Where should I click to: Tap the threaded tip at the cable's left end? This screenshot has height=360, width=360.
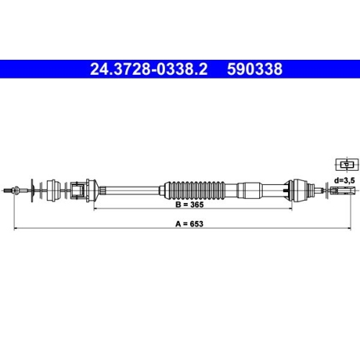click(10, 190)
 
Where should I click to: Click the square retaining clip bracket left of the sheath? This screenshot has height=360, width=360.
click(78, 191)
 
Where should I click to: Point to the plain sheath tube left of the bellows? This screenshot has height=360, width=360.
click(137, 190)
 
